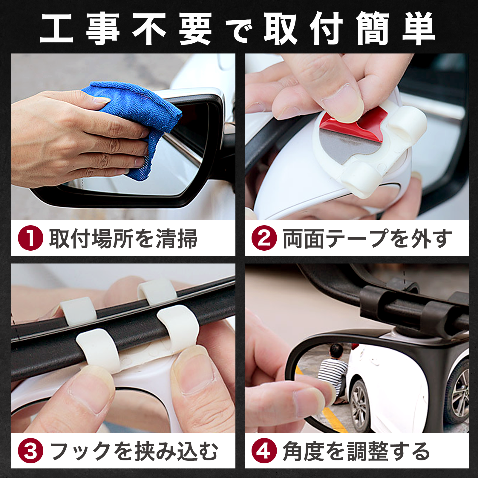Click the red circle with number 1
tap(31, 238)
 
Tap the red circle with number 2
tap(264, 238)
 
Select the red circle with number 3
tap(31, 451)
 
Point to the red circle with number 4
tap(264, 451)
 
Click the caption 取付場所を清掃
tap(123, 238)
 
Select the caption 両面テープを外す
tap(367, 238)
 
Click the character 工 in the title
tap(57, 29)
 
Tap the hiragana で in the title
tap(239, 31)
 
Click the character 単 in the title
tap(419, 29)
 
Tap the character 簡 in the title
tap(373, 29)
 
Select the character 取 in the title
tap(280, 29)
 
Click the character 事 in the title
tap(103, 29)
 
